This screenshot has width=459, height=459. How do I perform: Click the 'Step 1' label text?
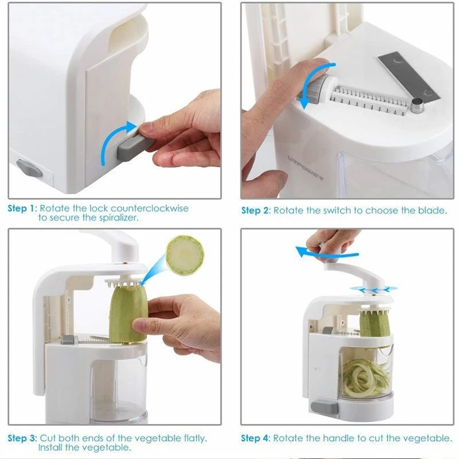tap(21, 208)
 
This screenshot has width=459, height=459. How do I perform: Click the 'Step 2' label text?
tap(255, 211)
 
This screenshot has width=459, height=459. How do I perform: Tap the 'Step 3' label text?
tap(22, 438)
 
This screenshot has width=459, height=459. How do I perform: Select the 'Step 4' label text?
tap(255, 438)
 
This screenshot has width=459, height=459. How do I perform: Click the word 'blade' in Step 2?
tap(430, 211)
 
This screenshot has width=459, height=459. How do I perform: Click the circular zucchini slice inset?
tap(185, 255)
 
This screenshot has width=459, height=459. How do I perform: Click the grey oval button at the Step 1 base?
tap(29, 168)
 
